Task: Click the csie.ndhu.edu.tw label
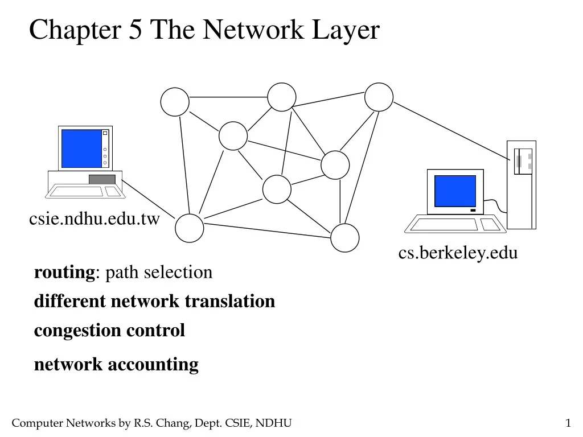click(95, 219)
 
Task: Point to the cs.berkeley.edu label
click(458, 252)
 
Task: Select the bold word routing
click(65, 273)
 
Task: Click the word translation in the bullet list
click(235, 301)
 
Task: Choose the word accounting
click(153, 364)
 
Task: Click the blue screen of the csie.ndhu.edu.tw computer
click(81, 148)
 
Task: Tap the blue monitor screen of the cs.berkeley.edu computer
click(455, 191)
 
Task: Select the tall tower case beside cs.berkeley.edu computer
click(522, 185)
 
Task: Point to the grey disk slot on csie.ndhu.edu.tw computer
click(102, 179)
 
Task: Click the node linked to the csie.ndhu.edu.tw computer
click(189, 228)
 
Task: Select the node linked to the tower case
click(379, 97)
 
